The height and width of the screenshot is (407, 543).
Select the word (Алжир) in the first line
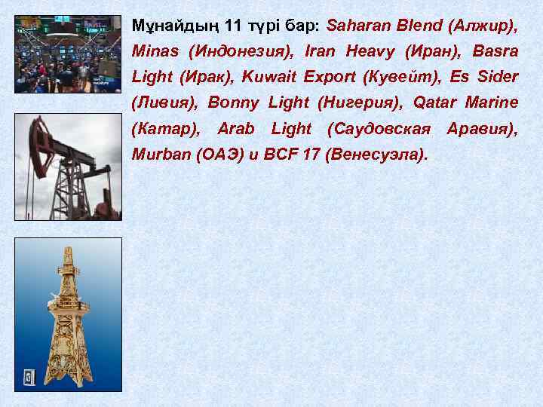click(x=483, y=26)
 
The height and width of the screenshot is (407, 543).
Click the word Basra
click(x=495, y=52)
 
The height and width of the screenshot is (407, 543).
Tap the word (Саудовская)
click(x=380, y=129)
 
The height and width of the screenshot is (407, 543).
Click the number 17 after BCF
click(x=310, y=155)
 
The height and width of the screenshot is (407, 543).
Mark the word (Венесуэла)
click(x=376, y=155)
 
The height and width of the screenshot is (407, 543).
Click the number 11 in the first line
click(x=235, y=26)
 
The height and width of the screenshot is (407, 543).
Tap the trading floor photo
click(x=68, y=54)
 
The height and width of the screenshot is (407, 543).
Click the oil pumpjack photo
click(x=68, y=167)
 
